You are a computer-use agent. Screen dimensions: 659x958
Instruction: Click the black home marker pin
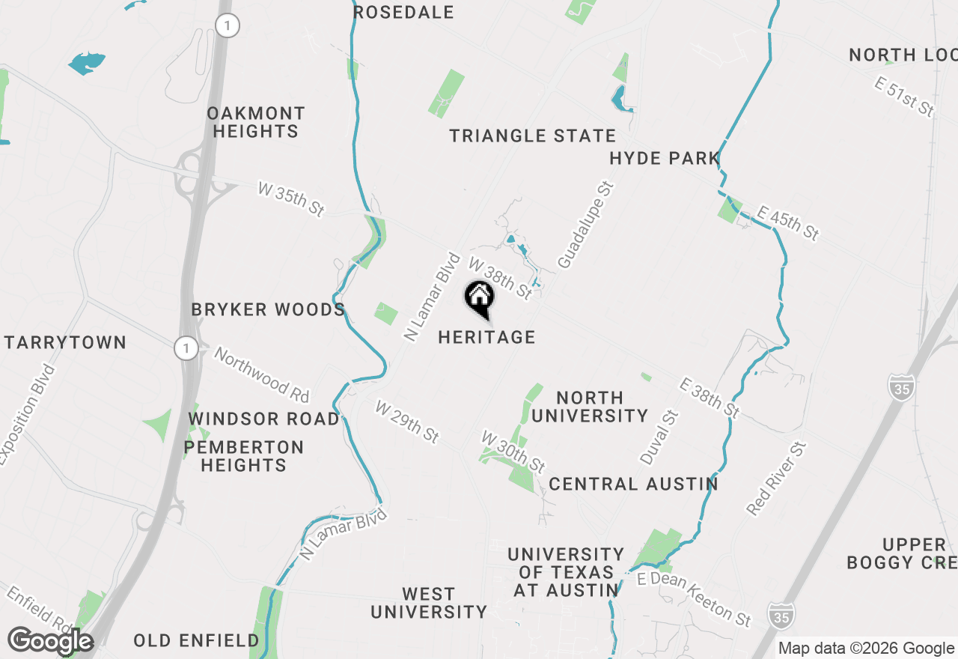click(479, 299)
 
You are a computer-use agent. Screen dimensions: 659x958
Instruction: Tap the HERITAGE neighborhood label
click(486, 338)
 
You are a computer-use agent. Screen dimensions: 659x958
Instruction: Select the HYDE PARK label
click(664, 159)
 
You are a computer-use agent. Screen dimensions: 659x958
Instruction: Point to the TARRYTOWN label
click(65, 343)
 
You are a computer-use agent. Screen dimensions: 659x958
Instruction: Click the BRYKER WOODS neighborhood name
click(268, 310)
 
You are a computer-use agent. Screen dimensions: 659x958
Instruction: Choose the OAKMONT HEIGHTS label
click(256, 122)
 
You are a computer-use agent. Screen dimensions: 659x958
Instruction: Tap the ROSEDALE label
click(403, 13)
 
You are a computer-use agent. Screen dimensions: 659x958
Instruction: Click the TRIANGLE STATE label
click(532, 136)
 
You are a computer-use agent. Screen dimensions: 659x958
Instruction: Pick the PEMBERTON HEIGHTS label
click(243, 456)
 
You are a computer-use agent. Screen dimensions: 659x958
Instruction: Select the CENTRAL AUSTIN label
click(633, 485)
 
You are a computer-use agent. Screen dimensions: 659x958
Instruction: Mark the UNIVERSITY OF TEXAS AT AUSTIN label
click(566, 572)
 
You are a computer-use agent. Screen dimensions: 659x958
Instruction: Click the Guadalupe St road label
click(585, 225)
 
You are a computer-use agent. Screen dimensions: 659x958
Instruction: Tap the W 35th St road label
click(291, 199)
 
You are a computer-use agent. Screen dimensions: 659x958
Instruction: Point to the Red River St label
click(778, 479)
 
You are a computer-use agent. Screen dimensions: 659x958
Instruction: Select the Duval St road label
click(659, 437)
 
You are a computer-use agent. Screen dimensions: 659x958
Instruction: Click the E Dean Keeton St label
click(694, 599)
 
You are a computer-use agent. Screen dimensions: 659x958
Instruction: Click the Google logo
click(50, 641)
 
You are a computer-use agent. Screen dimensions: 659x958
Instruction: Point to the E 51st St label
click(905, 97)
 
